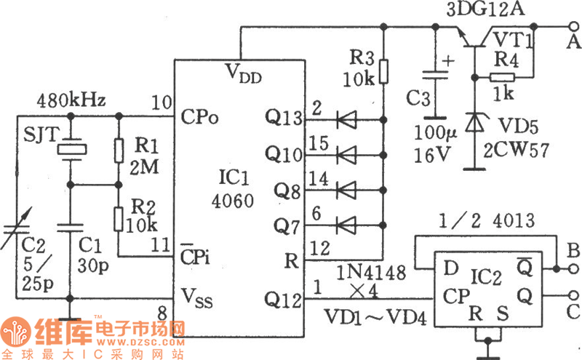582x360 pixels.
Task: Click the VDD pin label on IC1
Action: pyautogui.click(x=242, y=74)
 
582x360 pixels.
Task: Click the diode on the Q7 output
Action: pyautogui.click(x=348, y=223)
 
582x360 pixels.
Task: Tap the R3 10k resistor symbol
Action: pyautogui.click(x=383, y=72)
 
